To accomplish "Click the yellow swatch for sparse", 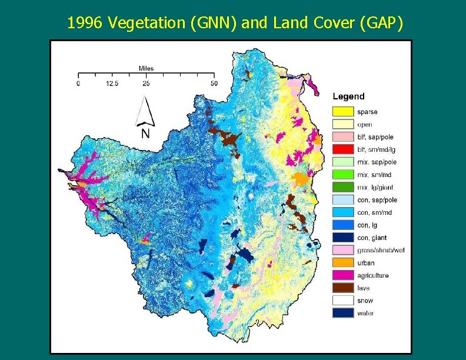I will tap(342, 112).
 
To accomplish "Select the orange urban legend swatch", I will tap(342, 263).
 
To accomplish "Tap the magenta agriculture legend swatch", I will tap(342, 275).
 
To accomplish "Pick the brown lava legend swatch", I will tap(342, 288).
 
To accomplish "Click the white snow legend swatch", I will tap(342, 301).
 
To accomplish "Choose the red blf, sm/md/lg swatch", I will tap(342, 149).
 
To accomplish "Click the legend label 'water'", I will tap(365, 314).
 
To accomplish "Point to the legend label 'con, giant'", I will tap(372, 238).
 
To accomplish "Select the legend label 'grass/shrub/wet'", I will tap(381, 251).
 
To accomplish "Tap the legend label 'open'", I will tap(364, 124).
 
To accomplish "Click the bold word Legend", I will tap(348, 96).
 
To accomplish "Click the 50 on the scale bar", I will tap(214, 84).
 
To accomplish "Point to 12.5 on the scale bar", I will tap(112, 84).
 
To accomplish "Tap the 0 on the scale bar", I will tap(78, 84).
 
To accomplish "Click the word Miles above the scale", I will tap(146, 68).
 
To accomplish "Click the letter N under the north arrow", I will tap(145, 134).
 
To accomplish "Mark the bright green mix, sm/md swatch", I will tap(342, 175).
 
